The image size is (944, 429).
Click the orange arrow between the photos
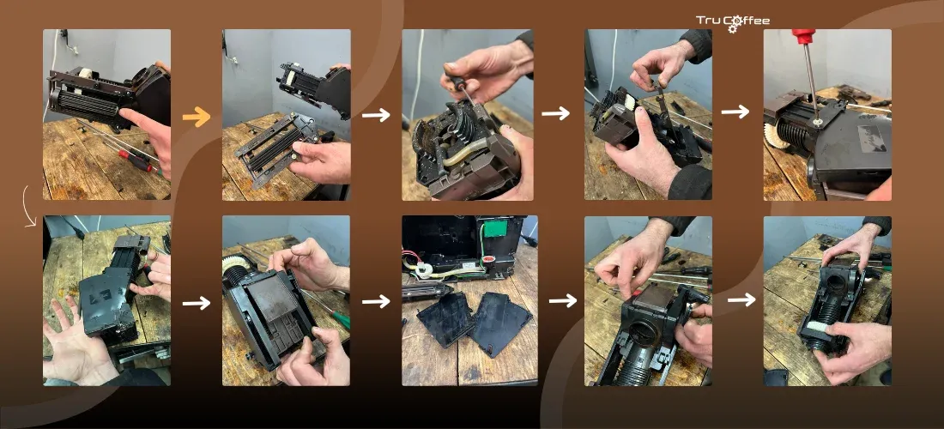tap(197, 117)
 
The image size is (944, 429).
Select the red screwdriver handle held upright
tap(803, 36)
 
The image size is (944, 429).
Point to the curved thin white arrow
tap(27, 206)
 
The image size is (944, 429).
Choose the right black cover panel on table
tap(501, 323)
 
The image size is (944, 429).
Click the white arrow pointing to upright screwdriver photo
tap(735, 112)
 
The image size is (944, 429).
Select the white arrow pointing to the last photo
tap(741, 299)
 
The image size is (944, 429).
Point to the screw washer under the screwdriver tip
tap(816, 121)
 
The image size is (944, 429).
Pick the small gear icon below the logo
tap(732, 28)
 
